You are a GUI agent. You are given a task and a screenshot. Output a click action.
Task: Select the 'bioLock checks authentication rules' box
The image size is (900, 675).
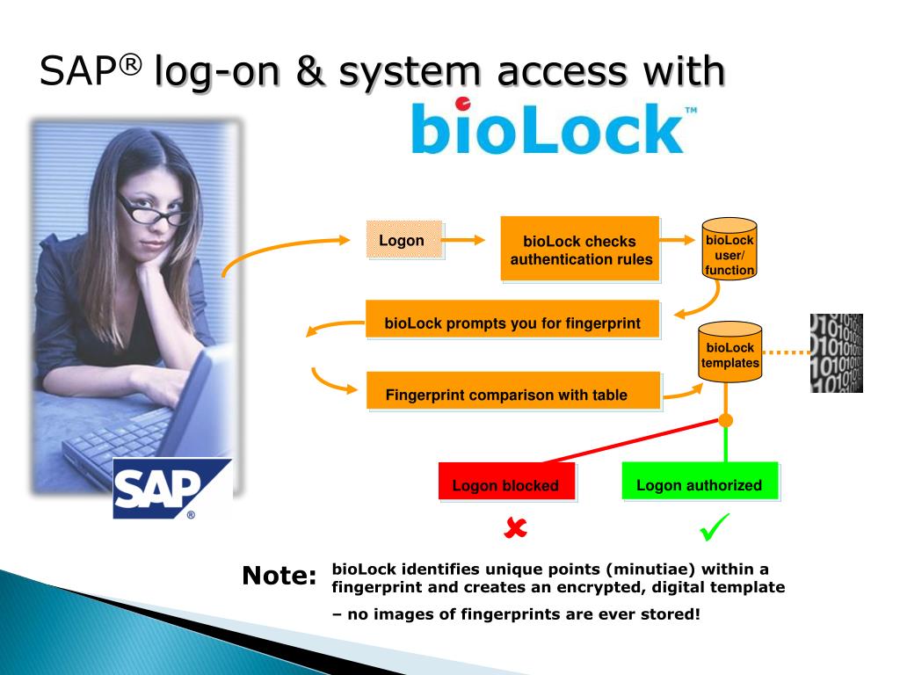coord(580,250)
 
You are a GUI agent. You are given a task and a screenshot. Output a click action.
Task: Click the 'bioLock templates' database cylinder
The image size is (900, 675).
coord(729,353)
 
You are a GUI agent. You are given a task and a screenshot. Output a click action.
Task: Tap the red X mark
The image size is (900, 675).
coord(516,527)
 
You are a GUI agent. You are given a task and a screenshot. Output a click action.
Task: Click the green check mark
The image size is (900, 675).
coord(715,528)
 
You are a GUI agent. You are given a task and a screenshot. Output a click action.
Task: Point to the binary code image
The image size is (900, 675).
coord(836,352)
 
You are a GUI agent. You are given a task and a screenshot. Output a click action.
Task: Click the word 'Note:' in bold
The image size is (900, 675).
coord(279,577)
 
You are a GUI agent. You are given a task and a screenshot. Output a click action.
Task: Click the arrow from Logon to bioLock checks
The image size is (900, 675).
coord(466,240)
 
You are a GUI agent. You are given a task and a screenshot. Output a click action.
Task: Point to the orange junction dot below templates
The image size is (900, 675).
coord(725,420)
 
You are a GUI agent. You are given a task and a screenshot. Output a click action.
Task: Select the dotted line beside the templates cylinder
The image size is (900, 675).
coord(784,353)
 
